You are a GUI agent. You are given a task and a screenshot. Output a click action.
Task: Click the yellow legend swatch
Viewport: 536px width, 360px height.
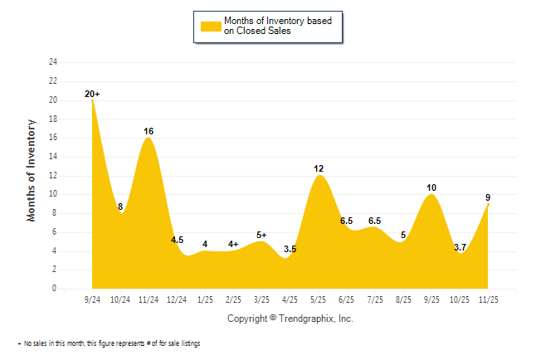[210, 26]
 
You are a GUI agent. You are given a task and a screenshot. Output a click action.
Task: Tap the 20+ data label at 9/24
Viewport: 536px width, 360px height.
[92, 95]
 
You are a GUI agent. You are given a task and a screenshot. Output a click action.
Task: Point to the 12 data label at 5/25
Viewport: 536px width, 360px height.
[319, 169]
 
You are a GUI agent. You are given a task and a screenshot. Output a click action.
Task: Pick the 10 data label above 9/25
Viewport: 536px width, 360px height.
[431, 187]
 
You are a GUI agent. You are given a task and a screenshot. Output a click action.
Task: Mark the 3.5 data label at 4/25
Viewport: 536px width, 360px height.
[290, 248]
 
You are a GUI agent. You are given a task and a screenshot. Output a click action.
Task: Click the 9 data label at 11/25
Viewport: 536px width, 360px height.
[488, 197]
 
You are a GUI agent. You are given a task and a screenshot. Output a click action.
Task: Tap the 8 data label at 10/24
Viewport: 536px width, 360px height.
[120, 207]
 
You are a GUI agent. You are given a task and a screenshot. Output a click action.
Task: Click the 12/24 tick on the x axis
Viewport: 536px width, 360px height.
[177, 299]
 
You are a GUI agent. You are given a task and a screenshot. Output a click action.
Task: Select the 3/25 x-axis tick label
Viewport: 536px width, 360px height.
[261, 299]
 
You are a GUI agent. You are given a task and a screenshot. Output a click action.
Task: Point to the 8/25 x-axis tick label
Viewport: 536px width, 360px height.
[403, 299]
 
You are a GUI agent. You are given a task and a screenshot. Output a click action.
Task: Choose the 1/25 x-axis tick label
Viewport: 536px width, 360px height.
[205, 299]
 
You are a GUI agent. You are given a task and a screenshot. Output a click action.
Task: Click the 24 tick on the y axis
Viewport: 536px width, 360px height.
[53, 62]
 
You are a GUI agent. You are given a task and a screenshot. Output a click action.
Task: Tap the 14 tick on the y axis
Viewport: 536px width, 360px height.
[53, 157]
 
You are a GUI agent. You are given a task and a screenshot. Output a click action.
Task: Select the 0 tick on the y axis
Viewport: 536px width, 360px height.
[55, 289]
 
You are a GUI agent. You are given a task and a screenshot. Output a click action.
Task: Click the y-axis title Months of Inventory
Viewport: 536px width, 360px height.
[32, 170]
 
